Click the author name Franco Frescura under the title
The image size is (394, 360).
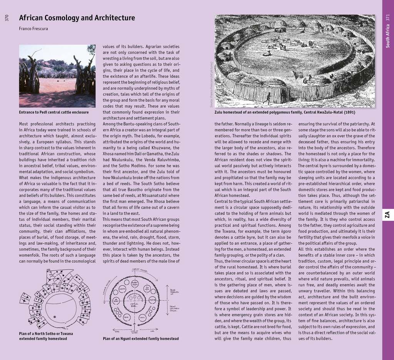click(x=33, y=28)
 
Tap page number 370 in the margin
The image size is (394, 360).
click(x=7, y=18)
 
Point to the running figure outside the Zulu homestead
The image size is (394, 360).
click(x=268, y=98)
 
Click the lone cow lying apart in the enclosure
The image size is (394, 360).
click(x=267, y=53)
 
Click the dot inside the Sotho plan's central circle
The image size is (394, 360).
click(x=55, y=317)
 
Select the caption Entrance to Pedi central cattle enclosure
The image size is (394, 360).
click(x=54, y=112)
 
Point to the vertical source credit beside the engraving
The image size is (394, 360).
click(x=211, y=85)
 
